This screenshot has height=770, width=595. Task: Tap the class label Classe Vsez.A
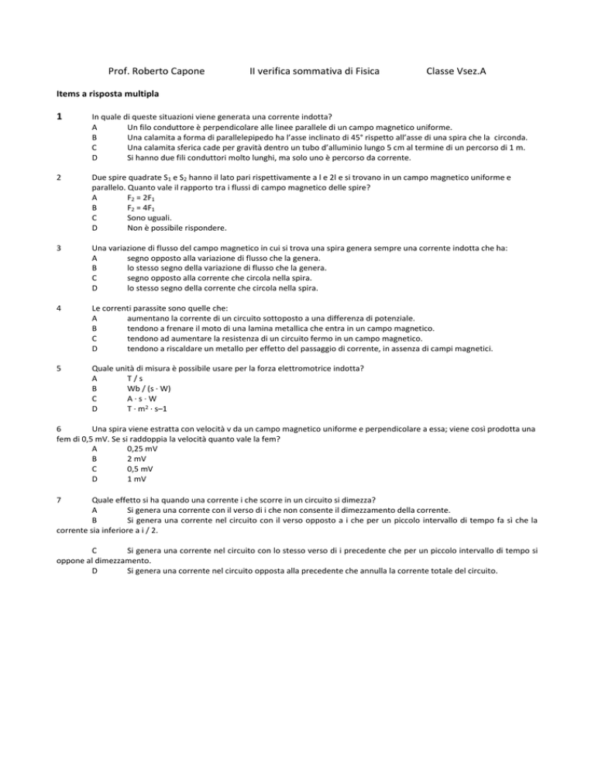coord(457,71)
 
